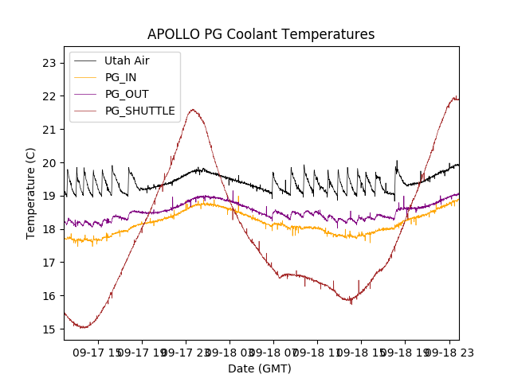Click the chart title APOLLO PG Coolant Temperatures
point(261,34)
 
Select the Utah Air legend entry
point(127,60)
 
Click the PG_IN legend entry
point(120,77)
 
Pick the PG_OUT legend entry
point(127,94)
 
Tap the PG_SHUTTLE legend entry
point(139,111)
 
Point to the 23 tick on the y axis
point(49,63)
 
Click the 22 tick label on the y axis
point(49,96)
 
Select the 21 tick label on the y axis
point(49,130)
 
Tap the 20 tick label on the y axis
point(49,163)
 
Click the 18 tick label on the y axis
point(49,229)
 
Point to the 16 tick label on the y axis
point(49,296)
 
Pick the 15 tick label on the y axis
point(49,329)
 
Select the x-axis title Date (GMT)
point(260,368)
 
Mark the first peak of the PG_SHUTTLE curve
point(193,110)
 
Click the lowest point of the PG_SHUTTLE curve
point(83,327)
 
